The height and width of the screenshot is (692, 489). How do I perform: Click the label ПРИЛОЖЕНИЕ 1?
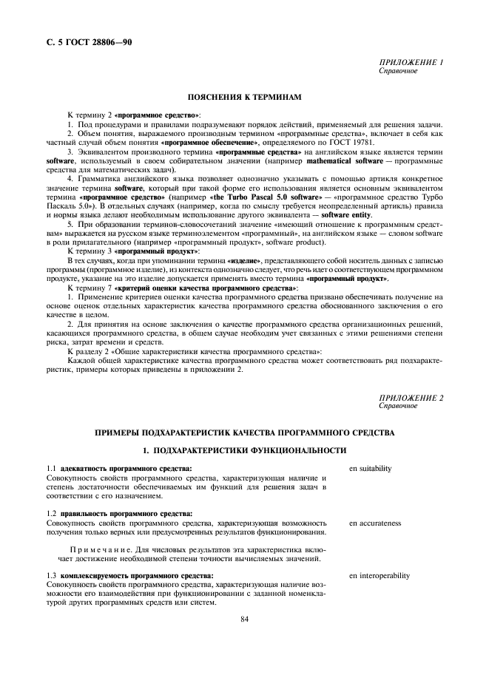(411, 63)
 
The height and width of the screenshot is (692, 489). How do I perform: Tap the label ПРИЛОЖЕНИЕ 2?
(411, 398)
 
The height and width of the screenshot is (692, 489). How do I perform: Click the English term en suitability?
(371, 469)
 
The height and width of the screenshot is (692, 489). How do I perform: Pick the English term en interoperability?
(380, 575)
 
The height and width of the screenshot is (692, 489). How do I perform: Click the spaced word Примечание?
(101, 549)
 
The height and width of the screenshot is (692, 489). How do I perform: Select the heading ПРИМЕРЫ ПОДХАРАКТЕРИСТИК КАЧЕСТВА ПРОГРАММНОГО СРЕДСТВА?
(244, 432)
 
